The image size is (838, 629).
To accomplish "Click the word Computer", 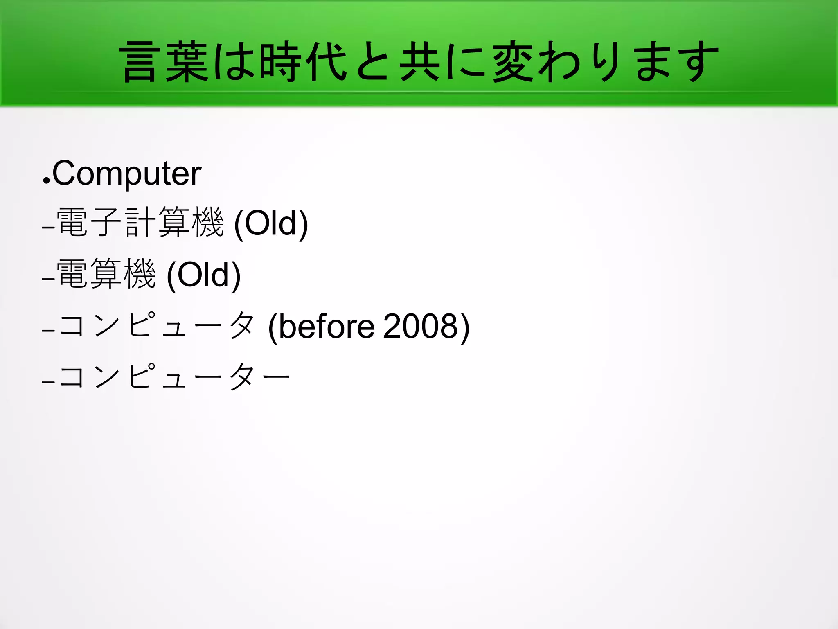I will coord(126,174).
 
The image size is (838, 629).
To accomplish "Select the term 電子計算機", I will coord(140,223).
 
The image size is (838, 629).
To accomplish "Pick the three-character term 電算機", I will coord(106,274).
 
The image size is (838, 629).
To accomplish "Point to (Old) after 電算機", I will coord(204,275).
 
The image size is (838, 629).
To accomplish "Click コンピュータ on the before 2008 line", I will coord(157,326).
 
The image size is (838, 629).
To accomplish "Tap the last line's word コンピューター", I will coord(174,376).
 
